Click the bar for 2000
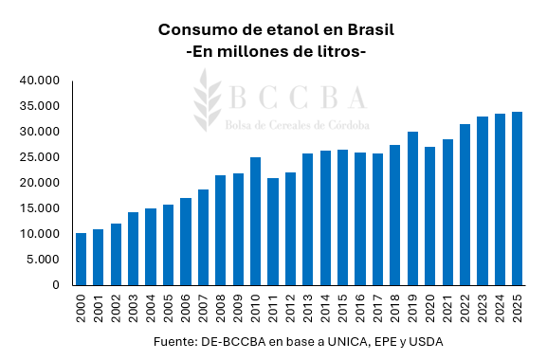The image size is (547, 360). [x=82, y=259]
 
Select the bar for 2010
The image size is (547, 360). [x=256, y=221]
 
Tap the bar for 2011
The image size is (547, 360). [x=273, y=231]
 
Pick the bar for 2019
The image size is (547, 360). [x=412, y=208]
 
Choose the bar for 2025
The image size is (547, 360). [x=517, y=198]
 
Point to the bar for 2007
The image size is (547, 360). [x=203, y=237]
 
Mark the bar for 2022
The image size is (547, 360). [x=465, y=205]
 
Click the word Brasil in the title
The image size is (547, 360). [x=363, y=29]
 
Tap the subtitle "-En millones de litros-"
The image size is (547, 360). [x=276, y=51]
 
